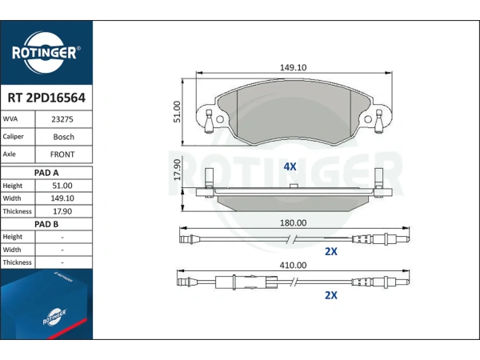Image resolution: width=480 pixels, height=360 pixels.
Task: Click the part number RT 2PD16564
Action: [x=46, y=98]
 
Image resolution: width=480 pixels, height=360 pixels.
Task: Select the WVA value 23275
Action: [x=62, y=119]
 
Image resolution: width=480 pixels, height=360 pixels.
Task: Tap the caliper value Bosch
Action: [x=64, y=137]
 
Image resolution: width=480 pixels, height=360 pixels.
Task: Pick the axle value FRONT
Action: [x=62, y=154]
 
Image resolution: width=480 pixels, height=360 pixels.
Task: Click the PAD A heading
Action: [x=46, y=173]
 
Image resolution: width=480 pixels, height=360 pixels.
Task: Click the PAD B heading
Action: [x=46, y=224]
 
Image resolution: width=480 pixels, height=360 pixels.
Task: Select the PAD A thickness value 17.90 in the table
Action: [x=62, y=211]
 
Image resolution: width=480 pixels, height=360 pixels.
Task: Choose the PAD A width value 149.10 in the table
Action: [x=62, y=198]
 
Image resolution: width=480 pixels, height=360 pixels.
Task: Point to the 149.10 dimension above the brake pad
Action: [x=294, y=67]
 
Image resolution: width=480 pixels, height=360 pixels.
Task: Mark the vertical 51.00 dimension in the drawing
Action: [x=177, y=112]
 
